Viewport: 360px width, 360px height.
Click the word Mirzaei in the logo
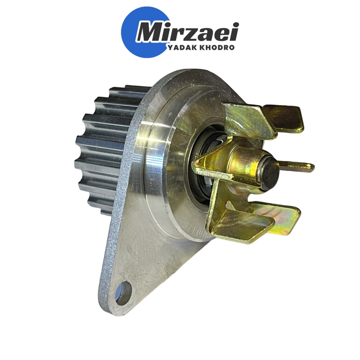187,32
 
